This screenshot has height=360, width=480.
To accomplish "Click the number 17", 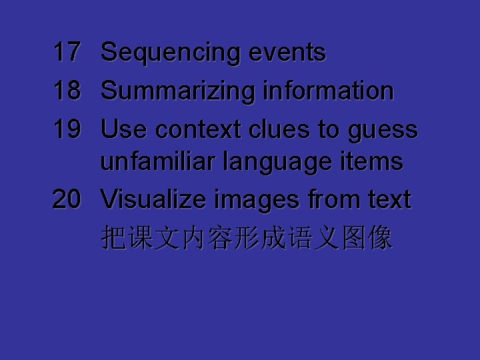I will (x=67, y=52).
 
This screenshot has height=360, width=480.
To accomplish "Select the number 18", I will (x=67, y=91).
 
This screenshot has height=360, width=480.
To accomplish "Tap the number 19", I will (x=67, y=129).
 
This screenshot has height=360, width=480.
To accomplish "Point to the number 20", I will (x=67, y=199).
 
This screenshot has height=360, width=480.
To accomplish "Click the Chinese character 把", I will (x=113, y=238).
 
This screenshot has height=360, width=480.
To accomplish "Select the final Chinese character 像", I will (x=380, y=238).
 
